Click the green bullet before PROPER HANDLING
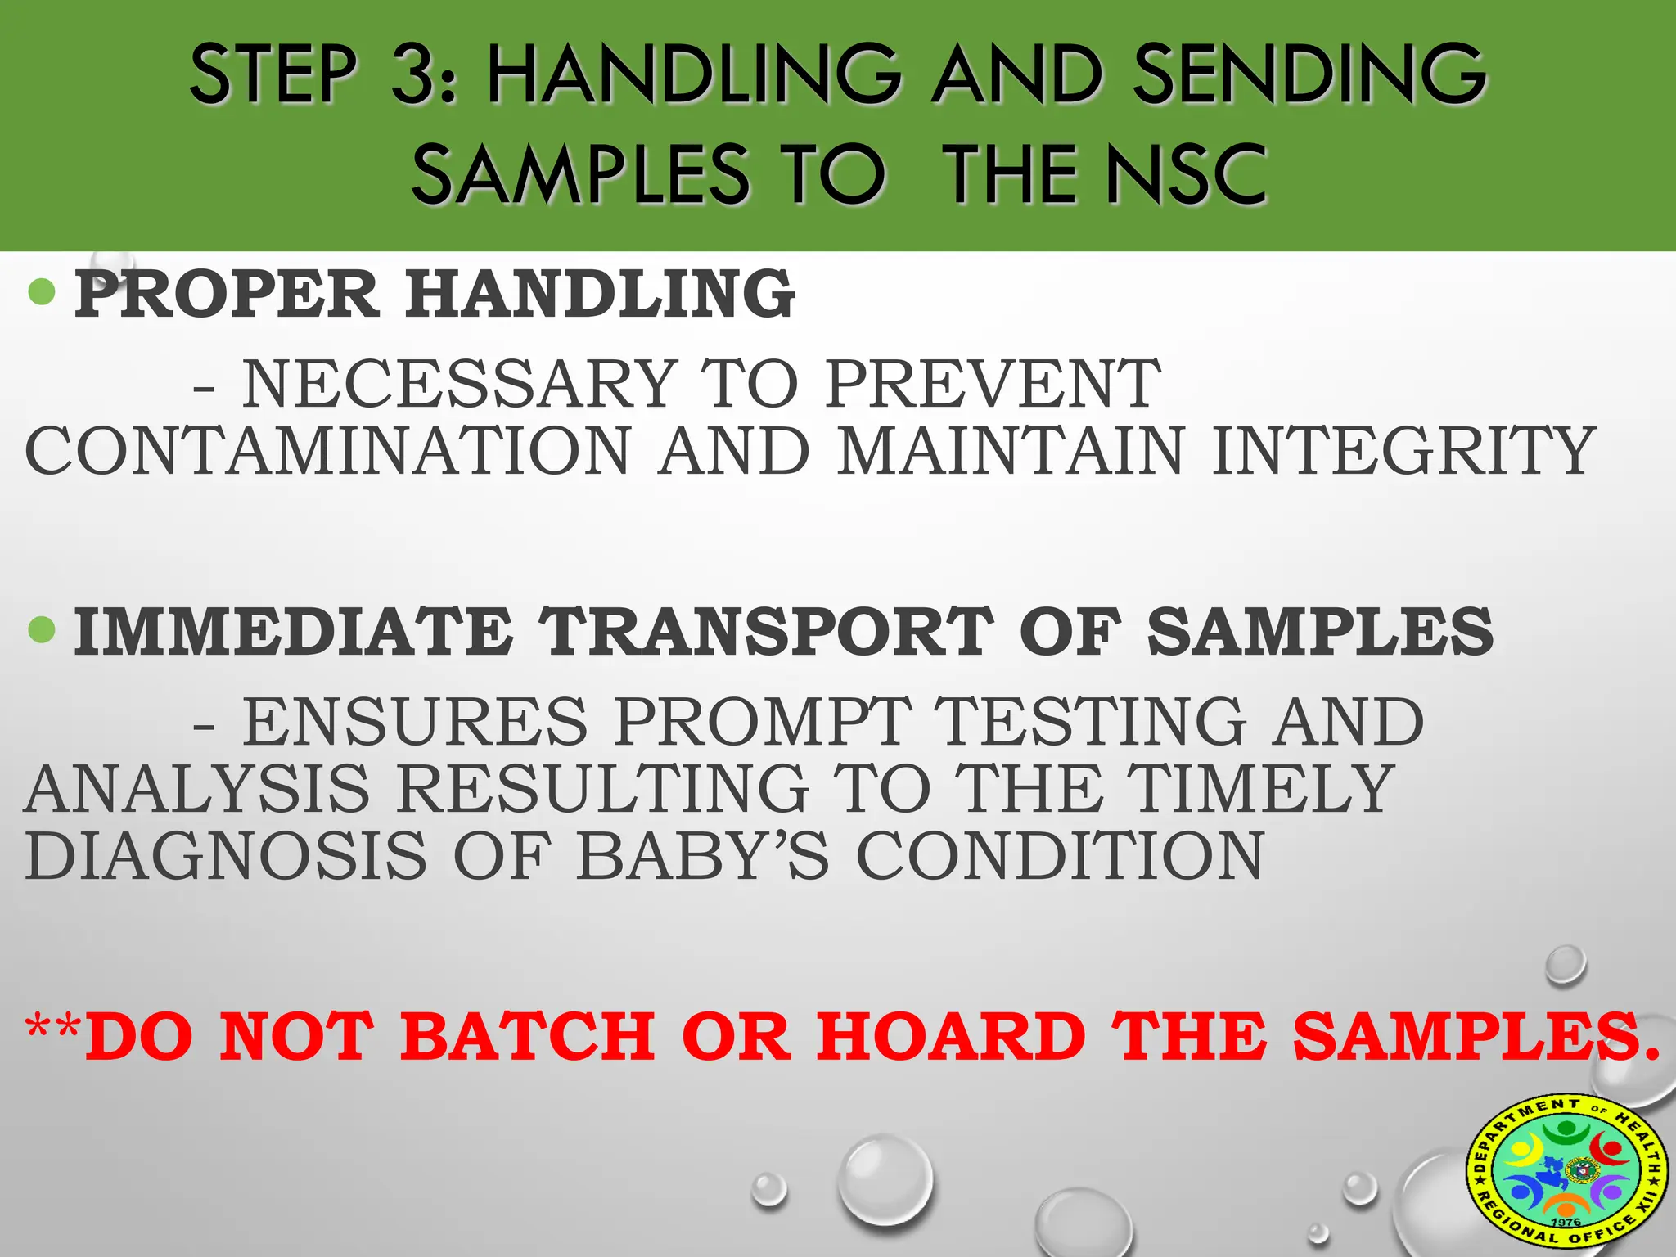tap(41, 291)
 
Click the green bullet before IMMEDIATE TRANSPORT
tap(41, 629)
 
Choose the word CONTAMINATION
tap(327, 451)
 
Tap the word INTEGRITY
tap(1403, 451)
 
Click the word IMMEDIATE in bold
tap(293, 632)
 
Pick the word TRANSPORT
tap(766, 632)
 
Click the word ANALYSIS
tap(197, 789)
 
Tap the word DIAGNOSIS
tap(226, 856)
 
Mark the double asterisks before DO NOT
tap(54, 1033)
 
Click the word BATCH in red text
tap(528, 1037)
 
